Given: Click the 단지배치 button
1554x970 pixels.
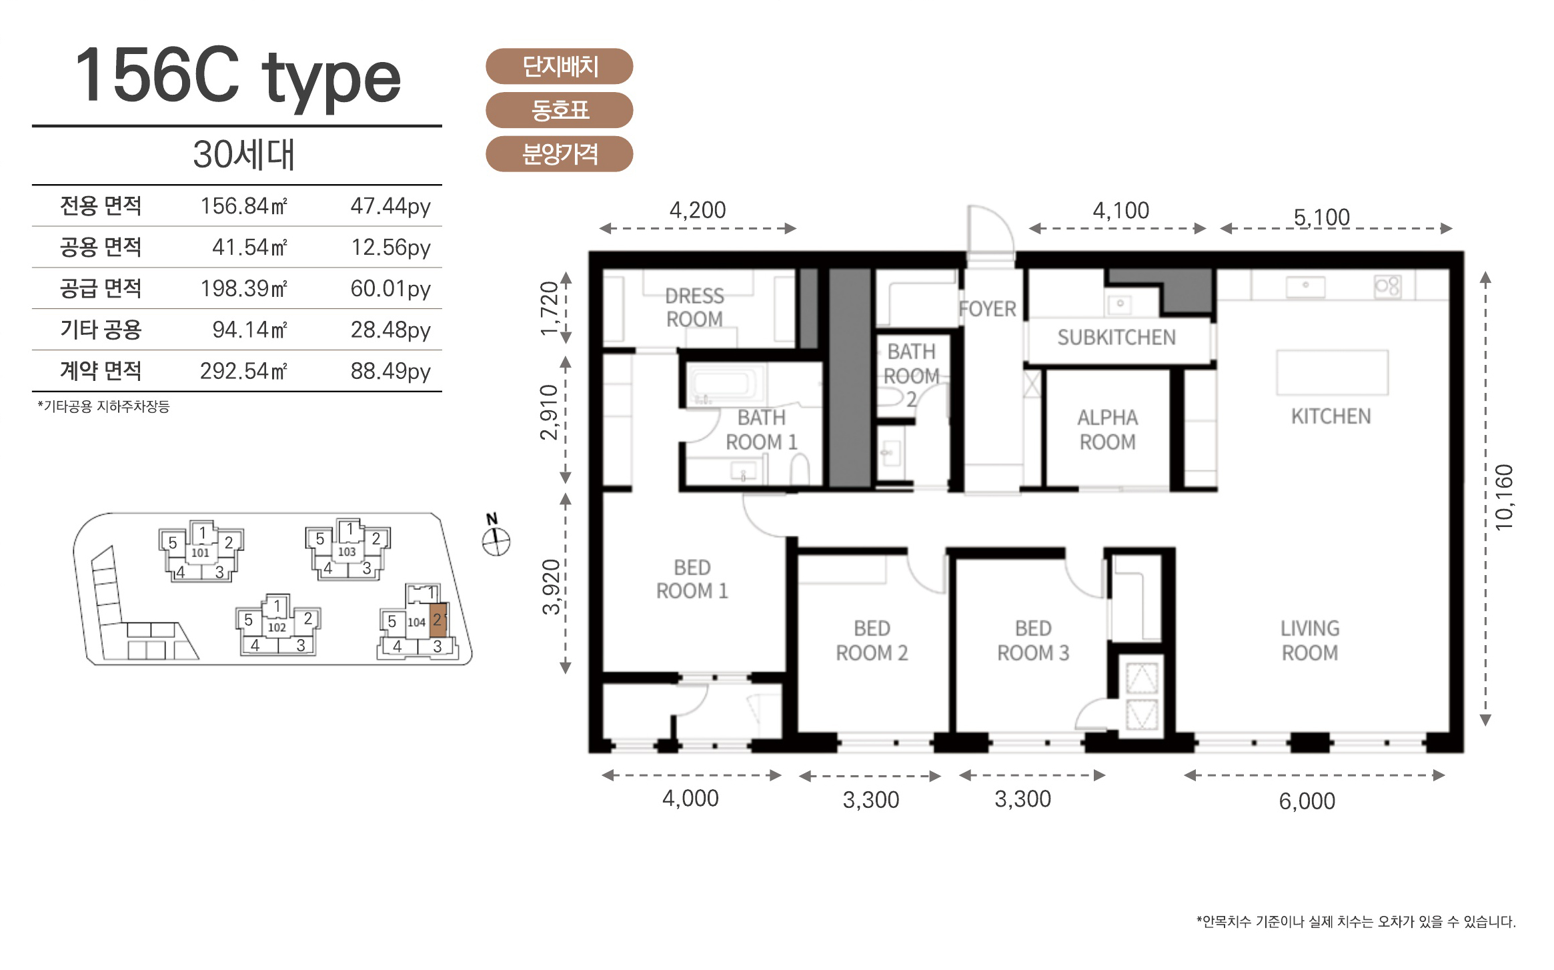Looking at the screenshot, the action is click(x=559, y=66).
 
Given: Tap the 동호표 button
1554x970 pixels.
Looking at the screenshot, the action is click(x=559, y=110).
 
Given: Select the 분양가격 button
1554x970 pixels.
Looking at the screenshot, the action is click(x=559, y=154).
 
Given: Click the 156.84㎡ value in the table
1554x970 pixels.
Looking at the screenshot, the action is click(x=244, y=205).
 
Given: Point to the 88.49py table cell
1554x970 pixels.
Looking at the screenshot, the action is click(x=391, y=371).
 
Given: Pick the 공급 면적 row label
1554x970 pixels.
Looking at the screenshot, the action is click(x=101, y=288).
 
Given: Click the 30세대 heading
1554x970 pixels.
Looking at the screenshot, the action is click(x=243, y=154).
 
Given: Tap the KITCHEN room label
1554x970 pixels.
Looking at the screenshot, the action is click(x=1331, y=416).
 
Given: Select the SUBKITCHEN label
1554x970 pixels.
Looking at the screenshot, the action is click(x=1116, y=338).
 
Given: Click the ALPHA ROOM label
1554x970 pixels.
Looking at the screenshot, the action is click(x=1107, y=430).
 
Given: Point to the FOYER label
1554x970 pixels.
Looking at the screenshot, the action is click(x=987, y=309).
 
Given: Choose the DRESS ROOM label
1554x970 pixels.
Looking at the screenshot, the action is click(x=694, y=308).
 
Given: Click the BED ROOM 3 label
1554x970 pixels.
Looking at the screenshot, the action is click(x=1033, y=640).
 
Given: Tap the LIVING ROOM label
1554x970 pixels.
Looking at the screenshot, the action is click(x=1310, y=640).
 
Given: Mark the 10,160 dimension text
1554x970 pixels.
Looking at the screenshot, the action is click(x=1504, y=498).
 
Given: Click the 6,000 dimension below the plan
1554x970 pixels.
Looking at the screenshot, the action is click(x=1307, y=801).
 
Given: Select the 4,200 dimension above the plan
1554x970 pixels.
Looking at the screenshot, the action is click(x=698, y=210).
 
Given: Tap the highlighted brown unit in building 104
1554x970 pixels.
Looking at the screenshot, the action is click(x=438, y=620).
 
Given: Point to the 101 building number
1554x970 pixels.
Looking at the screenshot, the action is click(x=200, y=552).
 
